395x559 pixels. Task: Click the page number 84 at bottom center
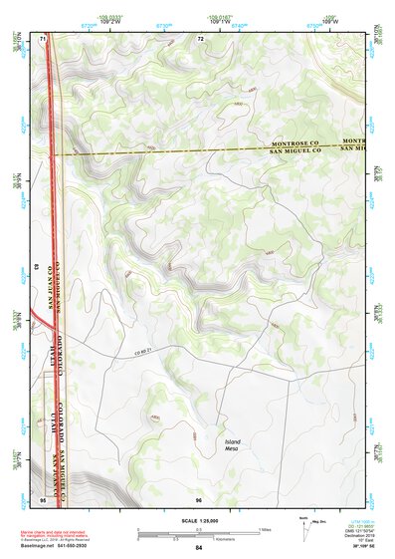198,548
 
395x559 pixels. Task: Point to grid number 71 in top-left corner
43,39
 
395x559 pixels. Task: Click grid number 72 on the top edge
200,39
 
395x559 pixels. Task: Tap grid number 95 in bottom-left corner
43,498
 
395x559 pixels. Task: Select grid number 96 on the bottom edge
199,498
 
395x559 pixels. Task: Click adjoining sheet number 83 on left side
37,268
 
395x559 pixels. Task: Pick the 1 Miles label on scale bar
265,529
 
